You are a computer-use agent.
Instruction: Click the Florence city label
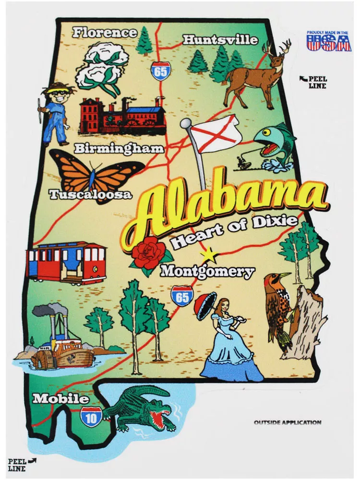pyautogui.click(x=105, y=33)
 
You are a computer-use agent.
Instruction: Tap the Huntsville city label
pyautogui.click(x=220, y=40)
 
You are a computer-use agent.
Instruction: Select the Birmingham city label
pyautogui.click(x=119, y=148)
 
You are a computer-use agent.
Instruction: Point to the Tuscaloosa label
pyautogui.click(x=90, y=194)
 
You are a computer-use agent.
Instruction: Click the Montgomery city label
pyautogui.click(x=207, y=272)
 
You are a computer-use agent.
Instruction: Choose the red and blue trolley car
pyautogui.click(x=66, y=263)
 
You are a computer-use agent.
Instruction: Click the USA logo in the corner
pyautogui.click(x=329, y=40)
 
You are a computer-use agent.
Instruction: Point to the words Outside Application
pyautogui.click(x=287, y=422)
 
